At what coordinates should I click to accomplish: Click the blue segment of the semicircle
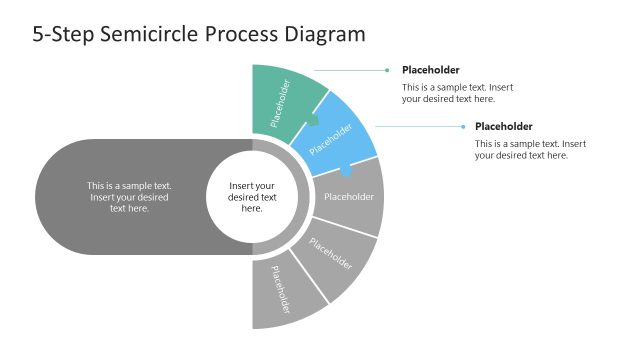tap(335, 133)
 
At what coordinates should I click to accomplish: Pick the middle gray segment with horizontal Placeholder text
tap(350, 197)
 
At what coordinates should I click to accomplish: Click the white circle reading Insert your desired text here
tap(252, 197)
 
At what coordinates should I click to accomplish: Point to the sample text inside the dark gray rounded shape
tap(129, 197)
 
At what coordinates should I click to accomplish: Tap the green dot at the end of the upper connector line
tap(387, 70)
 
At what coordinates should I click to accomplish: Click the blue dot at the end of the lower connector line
tap(461, 127)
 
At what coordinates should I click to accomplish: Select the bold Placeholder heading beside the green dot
tap(431, 70)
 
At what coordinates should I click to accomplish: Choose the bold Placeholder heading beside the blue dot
tap(503, 127)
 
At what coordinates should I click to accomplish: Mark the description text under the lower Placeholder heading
tap(530, 150)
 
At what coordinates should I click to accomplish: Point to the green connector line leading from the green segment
tap(355, 70)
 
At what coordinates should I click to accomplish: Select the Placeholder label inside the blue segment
tap(331, 139)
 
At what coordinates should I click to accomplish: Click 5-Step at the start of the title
tap(62, 35)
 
